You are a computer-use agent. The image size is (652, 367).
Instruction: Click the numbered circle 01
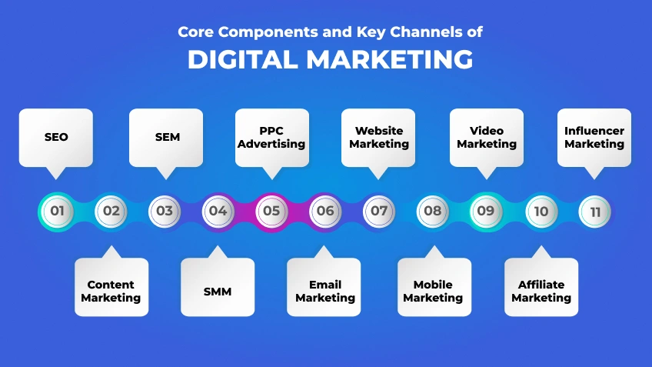56,211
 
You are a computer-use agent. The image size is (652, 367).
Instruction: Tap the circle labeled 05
271,211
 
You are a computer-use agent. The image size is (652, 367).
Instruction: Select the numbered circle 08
433,211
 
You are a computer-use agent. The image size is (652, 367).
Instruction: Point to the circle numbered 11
595,211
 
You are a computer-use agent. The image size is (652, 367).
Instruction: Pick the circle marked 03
165,211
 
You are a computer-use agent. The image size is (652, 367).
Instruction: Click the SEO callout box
56,137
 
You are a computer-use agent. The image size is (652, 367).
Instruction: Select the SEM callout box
167,137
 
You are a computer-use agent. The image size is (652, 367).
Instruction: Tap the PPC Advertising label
271,137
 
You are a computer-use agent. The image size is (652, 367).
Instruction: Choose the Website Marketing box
379,137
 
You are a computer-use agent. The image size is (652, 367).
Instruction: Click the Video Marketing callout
487,137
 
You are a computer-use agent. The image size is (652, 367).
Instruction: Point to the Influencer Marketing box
594,137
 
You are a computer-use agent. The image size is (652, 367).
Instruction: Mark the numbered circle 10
541,211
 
